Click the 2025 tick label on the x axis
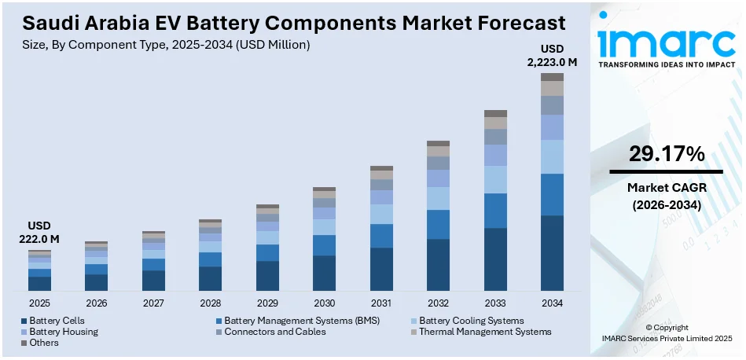(39, 303)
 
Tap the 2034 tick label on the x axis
(552, 303)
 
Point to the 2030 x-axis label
(324, 303)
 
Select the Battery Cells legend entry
(57, 321)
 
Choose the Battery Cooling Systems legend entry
(470, 321)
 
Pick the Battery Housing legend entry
(63, 332)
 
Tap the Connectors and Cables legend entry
(274, 332)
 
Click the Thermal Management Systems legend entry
(485, 332)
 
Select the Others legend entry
(44, 343)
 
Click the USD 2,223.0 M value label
(552, 56)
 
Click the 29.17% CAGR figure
(666, 155)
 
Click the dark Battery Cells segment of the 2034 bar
(552, 253)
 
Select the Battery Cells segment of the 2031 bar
(381, 269)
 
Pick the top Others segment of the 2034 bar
(552, 77)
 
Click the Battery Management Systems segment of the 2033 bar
(495, 211)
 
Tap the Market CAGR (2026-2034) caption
(666, 197)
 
